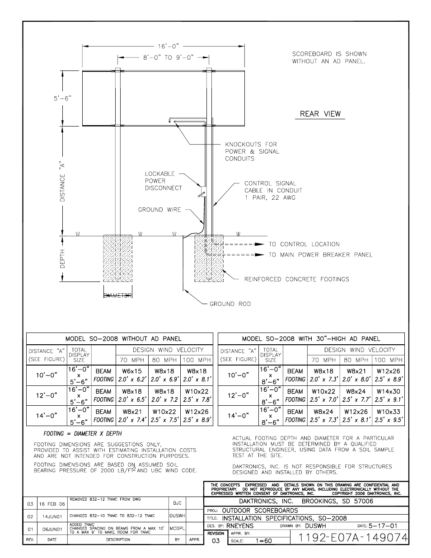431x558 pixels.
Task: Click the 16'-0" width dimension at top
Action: click(x=169, y=46)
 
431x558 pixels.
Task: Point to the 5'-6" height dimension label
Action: click(x=63, y=98)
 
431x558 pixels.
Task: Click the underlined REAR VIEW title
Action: click(x=320, y=114)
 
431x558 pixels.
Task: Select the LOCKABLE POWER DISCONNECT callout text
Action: click(x=163, y=181)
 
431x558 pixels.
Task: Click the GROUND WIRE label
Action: click(x=159, y=210)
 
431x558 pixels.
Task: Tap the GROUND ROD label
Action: click(x=230, y=304)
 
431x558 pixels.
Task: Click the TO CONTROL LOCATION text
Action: click(x=304, y=244)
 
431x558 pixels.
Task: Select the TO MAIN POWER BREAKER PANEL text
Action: click(x=320, y=255)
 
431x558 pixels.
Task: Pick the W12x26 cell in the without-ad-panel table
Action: click(x=197, y=412)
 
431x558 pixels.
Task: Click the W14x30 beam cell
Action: click(x=388, y=391)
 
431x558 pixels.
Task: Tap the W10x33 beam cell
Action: click(x=388, y=412)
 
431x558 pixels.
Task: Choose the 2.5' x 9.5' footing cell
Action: click(x=388, y=420)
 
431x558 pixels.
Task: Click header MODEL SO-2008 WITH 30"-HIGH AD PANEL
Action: click(x=311, y=338)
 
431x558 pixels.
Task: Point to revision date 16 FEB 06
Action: click(x=52, y=503)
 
